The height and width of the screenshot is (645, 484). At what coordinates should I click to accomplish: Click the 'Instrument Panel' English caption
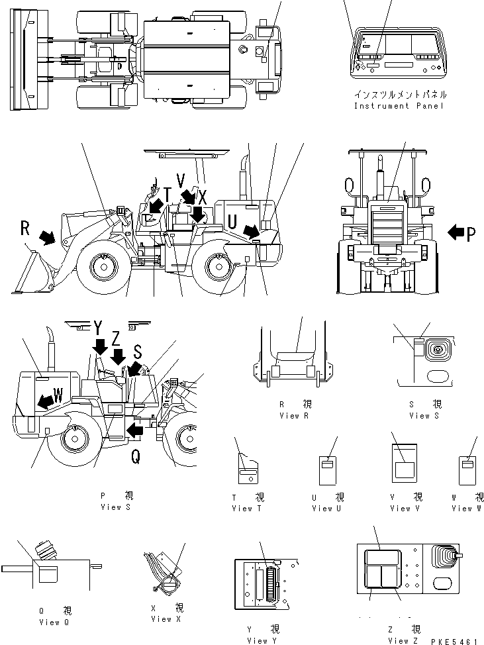(399, 106)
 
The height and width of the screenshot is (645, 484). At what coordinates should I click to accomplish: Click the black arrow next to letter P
(457, 232)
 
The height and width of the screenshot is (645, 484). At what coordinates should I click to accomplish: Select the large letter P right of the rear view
(471, 233)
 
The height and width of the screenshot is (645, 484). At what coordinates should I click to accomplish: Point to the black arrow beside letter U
(251, 231)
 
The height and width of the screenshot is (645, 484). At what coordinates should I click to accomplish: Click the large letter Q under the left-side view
(135, 456)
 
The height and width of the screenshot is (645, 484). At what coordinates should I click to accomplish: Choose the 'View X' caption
(162, 619)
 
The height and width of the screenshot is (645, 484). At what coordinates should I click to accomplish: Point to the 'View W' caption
(467, 508)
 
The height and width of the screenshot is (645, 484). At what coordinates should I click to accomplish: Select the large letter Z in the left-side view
(117, 338)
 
